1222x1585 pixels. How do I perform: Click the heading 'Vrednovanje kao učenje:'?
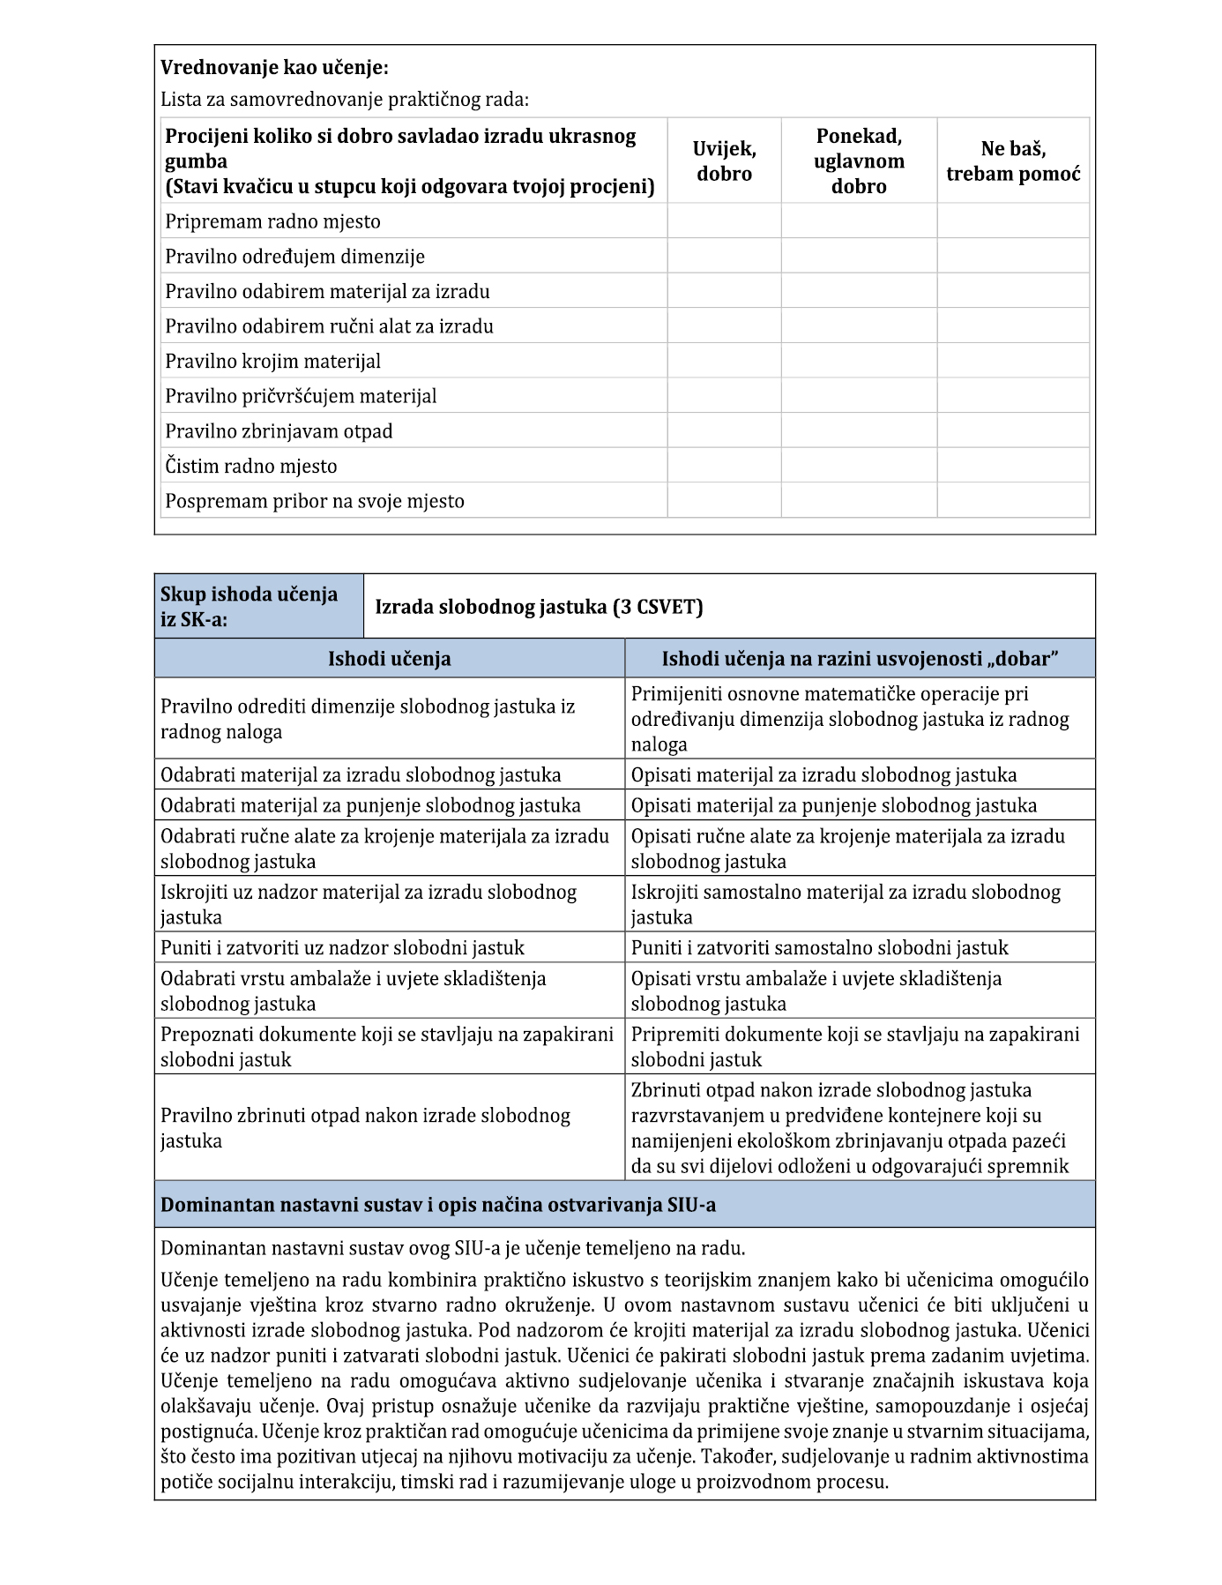274,68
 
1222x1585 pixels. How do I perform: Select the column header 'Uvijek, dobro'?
724,161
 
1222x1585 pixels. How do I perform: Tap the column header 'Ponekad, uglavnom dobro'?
859,161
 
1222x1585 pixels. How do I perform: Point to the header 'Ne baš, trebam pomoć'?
1013,161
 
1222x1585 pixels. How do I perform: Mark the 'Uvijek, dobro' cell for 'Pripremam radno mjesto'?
724,221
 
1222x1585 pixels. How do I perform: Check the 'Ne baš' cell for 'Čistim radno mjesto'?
1013,466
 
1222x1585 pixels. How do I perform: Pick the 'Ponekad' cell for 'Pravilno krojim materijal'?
859,361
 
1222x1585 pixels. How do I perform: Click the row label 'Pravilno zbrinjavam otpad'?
279,431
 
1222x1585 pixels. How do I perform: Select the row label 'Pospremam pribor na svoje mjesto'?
315,501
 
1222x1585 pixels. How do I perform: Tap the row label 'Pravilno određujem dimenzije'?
294,257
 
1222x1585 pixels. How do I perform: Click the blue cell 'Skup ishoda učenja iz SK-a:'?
258,607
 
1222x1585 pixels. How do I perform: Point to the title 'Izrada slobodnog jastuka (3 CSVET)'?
539,607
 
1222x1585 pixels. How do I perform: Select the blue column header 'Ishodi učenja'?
389,659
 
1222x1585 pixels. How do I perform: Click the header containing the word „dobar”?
860,659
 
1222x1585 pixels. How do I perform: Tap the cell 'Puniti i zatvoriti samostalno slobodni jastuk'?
819,948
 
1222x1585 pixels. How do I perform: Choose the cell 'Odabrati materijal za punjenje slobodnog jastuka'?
370,805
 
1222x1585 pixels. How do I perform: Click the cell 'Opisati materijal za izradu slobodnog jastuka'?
823,775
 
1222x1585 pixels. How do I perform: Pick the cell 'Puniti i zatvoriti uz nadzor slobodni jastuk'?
342,948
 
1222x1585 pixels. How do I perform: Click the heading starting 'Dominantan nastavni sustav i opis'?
438,1205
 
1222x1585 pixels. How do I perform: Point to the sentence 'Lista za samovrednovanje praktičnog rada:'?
345,100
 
